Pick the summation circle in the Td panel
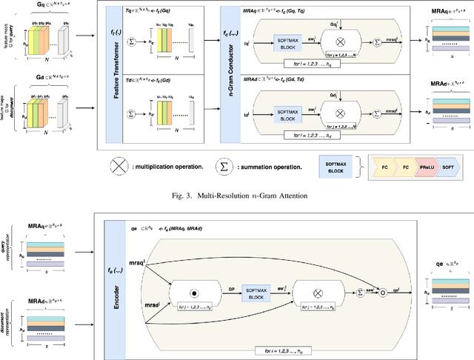pyautogui.click(x=132, y=115)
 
